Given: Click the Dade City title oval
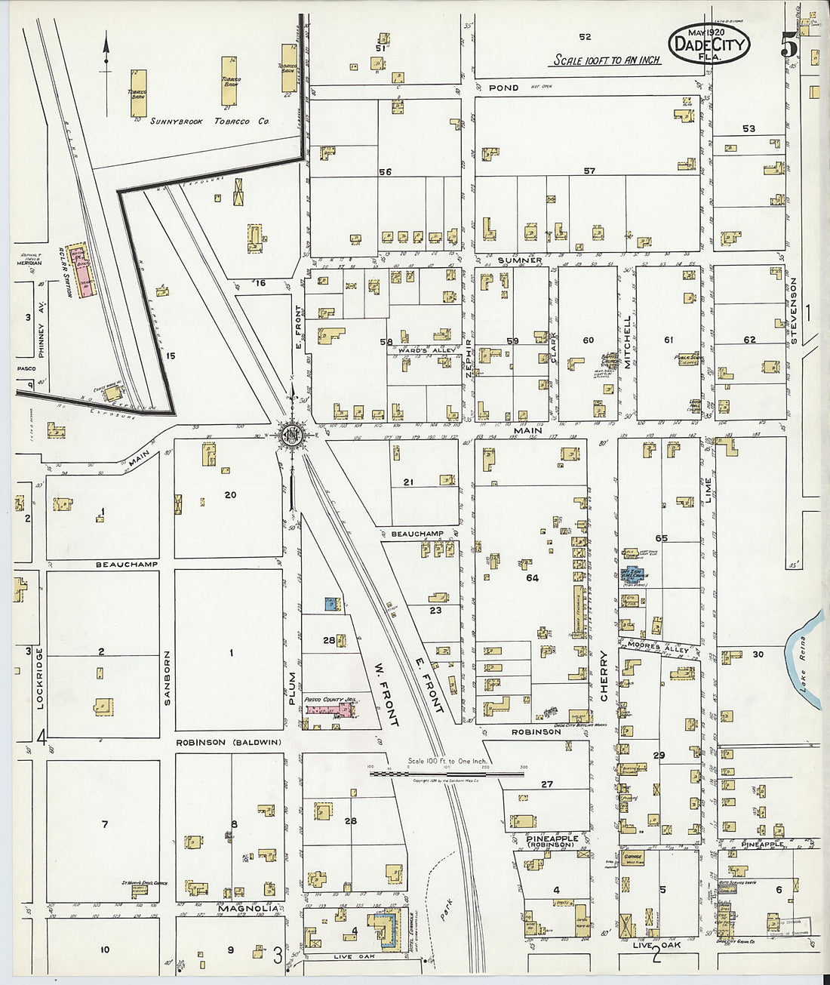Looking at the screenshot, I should tap(708, 43).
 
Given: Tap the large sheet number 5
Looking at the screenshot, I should tap(789, 46).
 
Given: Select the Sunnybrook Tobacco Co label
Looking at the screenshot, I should tap(209, 122).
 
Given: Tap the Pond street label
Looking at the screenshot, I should tap(503, 88).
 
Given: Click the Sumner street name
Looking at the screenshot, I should tap(519, 260).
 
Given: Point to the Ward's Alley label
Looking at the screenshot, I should tap(413, 351).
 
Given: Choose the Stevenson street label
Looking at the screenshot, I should tap(794, 311).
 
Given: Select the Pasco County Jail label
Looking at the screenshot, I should tap(330, 700).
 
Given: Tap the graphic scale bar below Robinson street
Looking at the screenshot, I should tap(445, 774).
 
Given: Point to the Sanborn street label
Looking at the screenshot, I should tap(168, 677).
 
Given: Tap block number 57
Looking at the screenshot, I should tap(589, 171).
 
